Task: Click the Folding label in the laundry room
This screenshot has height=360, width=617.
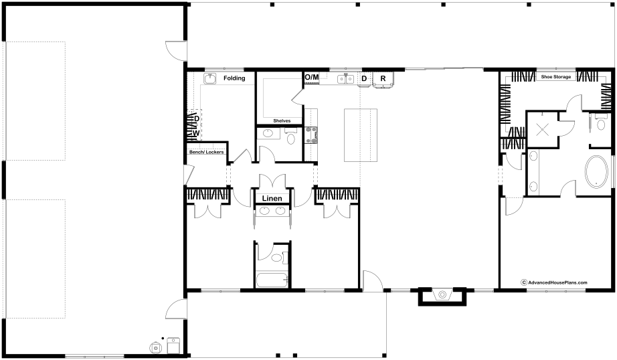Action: (234, 78)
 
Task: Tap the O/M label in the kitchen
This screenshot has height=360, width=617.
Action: (312, 77)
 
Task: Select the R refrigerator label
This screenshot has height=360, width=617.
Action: (383, 79)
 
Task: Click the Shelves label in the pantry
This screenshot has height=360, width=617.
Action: (282, 121)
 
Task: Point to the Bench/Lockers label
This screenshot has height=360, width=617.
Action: (207, 152)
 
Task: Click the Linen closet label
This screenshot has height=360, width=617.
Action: (272, 198)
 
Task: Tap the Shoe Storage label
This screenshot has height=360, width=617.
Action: (556, 77)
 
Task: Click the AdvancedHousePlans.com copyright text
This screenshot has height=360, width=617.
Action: (554, 282)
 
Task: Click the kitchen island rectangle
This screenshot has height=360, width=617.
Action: (361, 135)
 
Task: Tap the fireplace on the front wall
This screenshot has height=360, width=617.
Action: (442, 296)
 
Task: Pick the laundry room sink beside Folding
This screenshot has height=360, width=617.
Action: (209, 78)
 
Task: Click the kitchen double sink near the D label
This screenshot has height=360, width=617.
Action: (346, 79)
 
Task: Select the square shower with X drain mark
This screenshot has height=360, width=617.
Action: (543, 129)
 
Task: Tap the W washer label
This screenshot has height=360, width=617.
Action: (196, 133)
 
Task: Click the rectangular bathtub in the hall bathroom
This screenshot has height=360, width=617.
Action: (272, 280)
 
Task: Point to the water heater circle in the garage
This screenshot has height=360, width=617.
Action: (156, 347)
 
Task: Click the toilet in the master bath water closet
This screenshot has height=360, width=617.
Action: (600, 123)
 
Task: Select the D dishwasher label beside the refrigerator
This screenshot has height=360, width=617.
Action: (364, 79)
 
